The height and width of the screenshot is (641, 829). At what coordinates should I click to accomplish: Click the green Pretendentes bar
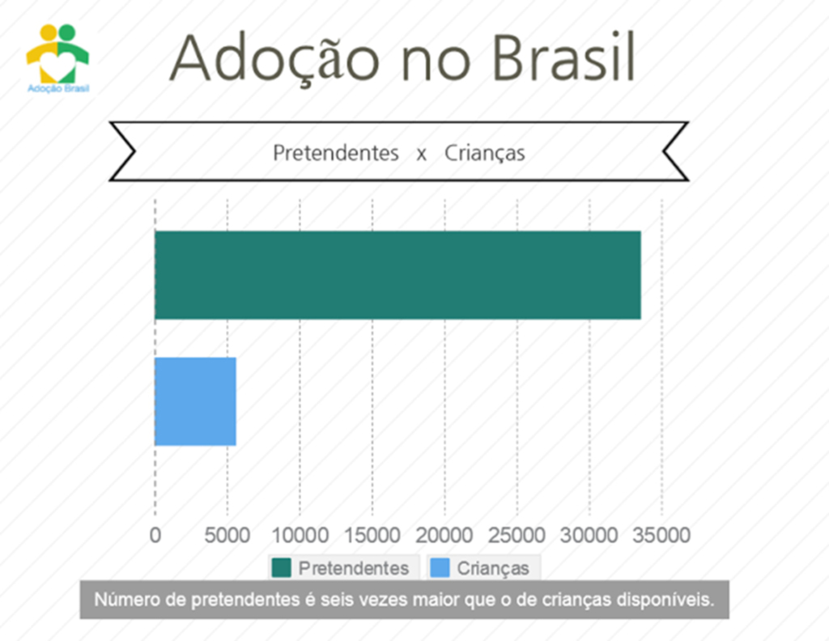point(397,275)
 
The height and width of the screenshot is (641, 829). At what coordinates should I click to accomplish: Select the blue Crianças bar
point(195,401)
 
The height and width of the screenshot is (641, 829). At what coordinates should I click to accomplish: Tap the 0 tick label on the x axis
point(155,535)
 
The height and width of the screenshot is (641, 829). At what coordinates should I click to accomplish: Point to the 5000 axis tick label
point(227,535)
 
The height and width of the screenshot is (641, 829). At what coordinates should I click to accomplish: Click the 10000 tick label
point(300,535)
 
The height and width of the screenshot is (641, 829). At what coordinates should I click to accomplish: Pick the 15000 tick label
point(372,535)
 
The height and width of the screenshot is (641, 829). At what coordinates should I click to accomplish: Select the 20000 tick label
point(444,535)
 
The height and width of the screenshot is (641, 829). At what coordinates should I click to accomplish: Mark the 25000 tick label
point(517,535)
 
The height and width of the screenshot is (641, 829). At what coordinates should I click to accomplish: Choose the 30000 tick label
point(589,535)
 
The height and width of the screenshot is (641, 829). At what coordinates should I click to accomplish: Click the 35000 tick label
point(661,535)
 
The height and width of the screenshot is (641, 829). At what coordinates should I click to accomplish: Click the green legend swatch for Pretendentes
point(281,568)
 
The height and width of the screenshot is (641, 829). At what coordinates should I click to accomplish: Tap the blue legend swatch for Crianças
point(440,568)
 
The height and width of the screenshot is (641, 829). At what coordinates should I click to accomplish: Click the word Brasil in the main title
point(563,57)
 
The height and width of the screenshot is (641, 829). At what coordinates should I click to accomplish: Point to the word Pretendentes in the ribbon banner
point(336,153)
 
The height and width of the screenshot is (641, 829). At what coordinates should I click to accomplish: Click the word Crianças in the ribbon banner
point(485,154)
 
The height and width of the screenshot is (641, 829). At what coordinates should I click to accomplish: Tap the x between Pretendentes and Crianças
point(421,155)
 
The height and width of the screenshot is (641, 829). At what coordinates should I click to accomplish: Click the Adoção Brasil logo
point(57,58)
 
